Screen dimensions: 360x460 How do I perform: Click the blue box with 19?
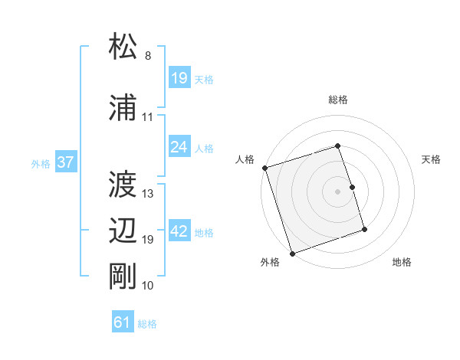coord(179,78)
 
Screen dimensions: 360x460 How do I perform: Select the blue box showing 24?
coord(179,147)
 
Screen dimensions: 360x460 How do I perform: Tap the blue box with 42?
coord(179,231)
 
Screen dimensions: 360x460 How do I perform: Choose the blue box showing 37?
coord(65,162)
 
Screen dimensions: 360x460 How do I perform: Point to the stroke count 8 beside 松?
coord(148,56)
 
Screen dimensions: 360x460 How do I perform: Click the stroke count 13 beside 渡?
coord(148,194)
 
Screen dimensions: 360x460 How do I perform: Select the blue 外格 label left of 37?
coord(41,163)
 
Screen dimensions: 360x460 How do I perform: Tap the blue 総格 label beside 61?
coord(147,324)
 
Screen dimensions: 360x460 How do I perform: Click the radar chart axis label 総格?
coord(338,100)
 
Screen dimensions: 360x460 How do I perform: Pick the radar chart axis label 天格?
coord(432,159)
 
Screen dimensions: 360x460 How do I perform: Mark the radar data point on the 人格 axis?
coord(264,168)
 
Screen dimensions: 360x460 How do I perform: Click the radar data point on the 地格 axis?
coord(364,229)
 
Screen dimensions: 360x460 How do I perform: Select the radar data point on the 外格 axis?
coord(292,252)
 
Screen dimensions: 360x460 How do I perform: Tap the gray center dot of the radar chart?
coord(338,191)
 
